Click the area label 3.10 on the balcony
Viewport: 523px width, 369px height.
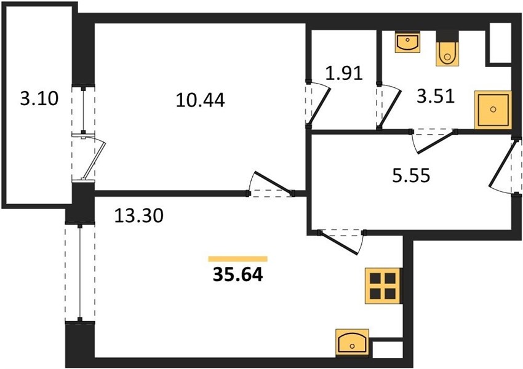[x=39, y=98]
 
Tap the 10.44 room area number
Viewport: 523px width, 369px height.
[x=200, y=100]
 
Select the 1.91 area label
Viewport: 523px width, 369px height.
[x=344, y=73]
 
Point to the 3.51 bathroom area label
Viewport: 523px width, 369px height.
[x=436, y=96]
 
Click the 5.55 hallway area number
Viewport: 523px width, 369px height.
[x=411, y=175]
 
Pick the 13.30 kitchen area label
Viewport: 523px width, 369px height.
[x=139, y=215]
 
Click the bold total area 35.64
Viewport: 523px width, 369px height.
[x=238, y=275]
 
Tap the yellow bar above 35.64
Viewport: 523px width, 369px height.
[x=238, y=259]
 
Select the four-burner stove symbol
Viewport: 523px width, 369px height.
[x=383, y=285]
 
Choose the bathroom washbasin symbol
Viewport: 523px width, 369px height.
[x=407, y=42]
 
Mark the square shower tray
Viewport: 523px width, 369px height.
[x=493, y=109]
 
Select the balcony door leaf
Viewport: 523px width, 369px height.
[x=95, y=161]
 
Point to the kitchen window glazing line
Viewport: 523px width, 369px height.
[x=80, y=272]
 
